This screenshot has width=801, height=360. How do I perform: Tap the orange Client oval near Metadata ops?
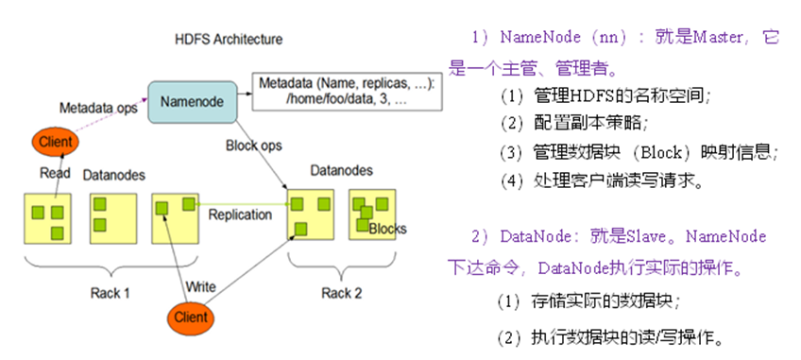click(54, 143)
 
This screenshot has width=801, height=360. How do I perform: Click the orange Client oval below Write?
click(191, 317)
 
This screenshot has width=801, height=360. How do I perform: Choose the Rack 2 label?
click(340, 292)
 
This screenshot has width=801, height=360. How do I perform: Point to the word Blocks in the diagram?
click(387, 230)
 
